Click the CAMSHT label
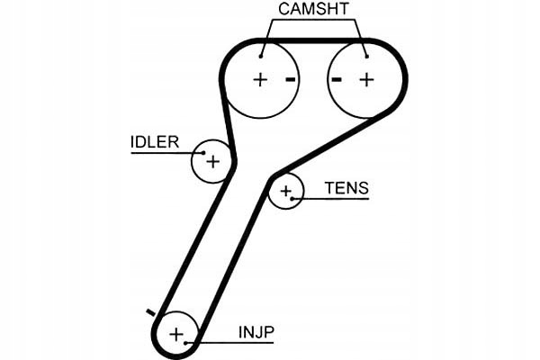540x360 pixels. pyautogui.click(x=313, y=9)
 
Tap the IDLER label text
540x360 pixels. pyautogui.click(x=155, y=142)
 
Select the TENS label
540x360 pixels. pyautogui.click(x=346, y=188)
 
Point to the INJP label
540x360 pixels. pyautogui.click(x=256, y=332)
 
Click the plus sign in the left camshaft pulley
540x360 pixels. pyautogui.click(x=260, y=80)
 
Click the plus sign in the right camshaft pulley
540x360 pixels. pyautogui.click(x=367, y=80)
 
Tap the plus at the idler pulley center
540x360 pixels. pyautogui.click(x=212, y=162)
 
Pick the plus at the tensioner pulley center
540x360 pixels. pyautogui.click(x=286, y=191)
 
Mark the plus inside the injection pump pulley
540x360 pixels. pyautogui.click(x=176, y=334)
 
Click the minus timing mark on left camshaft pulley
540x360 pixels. pyautogui.click(x=291, y=80)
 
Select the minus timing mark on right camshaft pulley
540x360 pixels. pyautogui.click(x=337, y=80)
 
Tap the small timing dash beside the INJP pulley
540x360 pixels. pyautogui.click(x=151, y=312)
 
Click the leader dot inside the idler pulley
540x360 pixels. pyautogui.click(x=203, y=153)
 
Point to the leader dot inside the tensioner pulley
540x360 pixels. pyautogui.click(x=292, y=199)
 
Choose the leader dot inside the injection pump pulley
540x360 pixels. pyautogui.click(x=185, y=343)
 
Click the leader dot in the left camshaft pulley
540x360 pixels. pyautogui.click(x=261, y=56)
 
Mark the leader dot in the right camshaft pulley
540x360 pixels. pyautogui.click(x=367, y=56)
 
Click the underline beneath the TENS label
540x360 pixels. pyautogui.click(x=330, y=199)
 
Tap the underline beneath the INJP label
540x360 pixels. pyautogui.click(x=229, y=343)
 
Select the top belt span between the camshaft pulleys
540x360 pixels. pyautogui.click(x=313, y=41)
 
